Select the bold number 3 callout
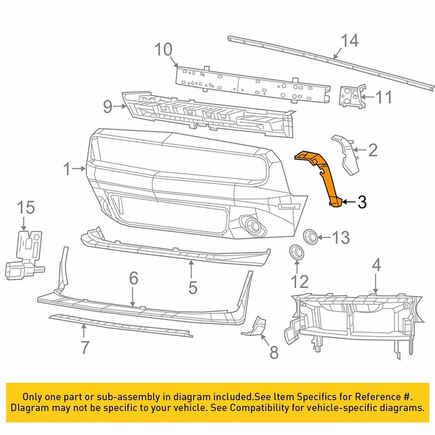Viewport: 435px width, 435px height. [x=361, y=202]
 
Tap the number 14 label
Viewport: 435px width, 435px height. [x=349, y=41]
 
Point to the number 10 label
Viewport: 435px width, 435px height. [x=164, y=49]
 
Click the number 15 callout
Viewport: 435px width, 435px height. [x=26, y=208]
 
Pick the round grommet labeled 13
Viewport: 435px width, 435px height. [x=310, y=236]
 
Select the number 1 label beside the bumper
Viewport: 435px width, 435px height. [x=67, y=169]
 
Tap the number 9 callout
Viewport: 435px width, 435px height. [x=107, y=107]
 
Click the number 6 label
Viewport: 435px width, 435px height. [x=133, y=279]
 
